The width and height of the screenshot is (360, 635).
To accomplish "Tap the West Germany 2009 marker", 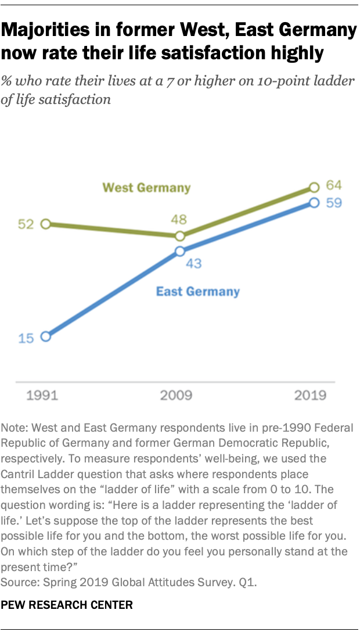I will coord(180,236).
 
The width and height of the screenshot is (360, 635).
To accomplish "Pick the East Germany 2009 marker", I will coord(180,251).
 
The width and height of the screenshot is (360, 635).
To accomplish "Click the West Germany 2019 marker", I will coord(314,187).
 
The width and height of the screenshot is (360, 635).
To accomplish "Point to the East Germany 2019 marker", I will coord(314,202).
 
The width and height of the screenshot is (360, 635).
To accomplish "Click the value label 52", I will coord(26,224).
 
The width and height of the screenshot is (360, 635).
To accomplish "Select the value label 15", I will coord(26,337).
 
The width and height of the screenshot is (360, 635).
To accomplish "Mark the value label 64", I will coord(333,186).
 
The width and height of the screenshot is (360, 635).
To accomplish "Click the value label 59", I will coord(333,203).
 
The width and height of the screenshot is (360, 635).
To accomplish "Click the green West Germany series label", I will coord(146,188).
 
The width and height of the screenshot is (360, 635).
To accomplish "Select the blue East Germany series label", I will coord(197,292).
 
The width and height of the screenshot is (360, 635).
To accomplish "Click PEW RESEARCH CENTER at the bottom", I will coord(67,605).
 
